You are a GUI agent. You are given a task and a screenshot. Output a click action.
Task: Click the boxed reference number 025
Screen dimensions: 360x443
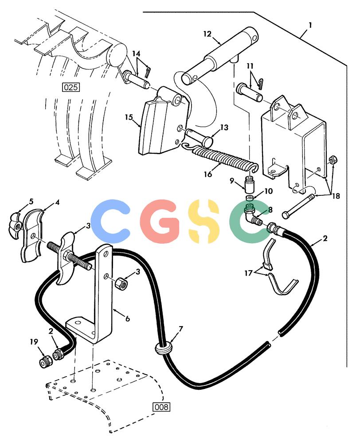point(70,87)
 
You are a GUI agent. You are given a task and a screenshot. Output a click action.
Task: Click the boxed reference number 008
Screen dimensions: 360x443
point(161,407)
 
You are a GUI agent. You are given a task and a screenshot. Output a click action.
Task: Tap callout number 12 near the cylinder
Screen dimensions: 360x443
point(207,34)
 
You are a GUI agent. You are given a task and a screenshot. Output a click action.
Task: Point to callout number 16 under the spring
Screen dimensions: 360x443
point(208,174)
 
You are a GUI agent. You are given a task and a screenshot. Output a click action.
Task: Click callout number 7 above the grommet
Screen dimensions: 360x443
point(181,329)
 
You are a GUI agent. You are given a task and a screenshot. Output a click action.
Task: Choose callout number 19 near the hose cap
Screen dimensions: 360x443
point(34,342)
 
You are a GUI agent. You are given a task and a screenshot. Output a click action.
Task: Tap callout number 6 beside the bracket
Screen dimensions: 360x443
point(128,319)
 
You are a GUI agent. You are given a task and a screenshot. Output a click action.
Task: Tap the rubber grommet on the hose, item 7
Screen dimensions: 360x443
point(164,348)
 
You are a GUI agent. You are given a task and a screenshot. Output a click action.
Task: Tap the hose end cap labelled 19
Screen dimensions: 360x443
point(45,361)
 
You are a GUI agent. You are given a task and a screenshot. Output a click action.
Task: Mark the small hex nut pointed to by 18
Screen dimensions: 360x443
point(333,160)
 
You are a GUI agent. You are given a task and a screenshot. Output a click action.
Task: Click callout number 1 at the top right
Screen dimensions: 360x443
point(310,25)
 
